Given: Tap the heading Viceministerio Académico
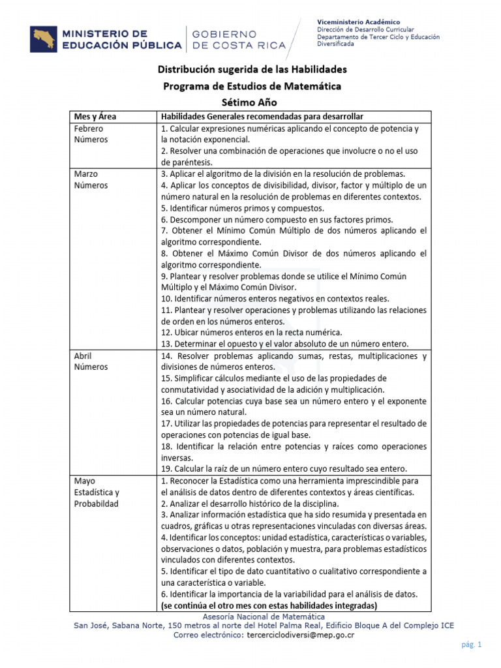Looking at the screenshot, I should point(359,22).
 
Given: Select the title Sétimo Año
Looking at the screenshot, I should point(250,102).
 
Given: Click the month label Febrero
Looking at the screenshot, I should point(89,129).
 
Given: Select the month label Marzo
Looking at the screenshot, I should point(85,174).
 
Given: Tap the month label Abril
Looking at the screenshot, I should point(83,356).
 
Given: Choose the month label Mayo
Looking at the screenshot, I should point(84,481).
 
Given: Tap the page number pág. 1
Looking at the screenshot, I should point(470,645).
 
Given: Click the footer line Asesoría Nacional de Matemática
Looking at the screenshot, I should point(264,616).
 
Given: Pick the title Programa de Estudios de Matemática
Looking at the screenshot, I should point(251,86).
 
